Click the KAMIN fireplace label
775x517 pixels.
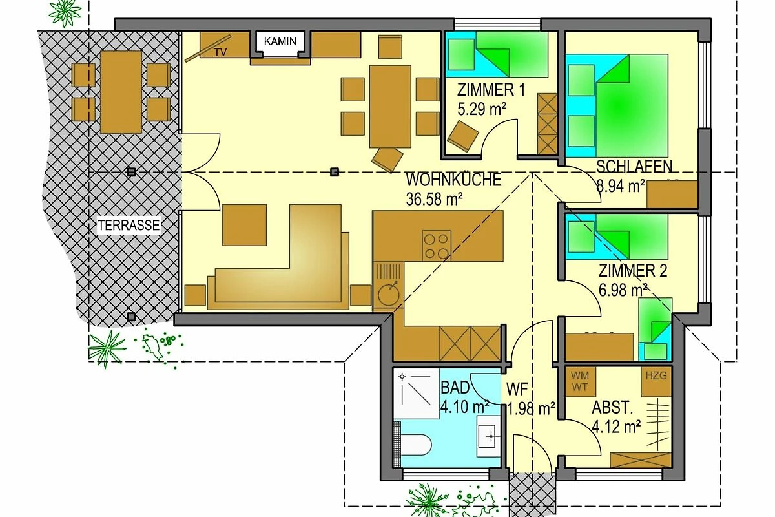click(x=280, y=41)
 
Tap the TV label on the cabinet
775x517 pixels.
click(x=220, y=52)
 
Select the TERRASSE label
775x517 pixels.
click(x=129, y=226)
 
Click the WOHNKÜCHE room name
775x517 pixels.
click(x=453, y=180)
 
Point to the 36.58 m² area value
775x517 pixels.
click(x=434, y=199)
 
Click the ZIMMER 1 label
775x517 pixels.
click(x=491, y=90)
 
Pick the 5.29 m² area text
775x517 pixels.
click(x=482, y=109)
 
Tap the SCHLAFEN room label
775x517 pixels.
click(x=634, y=167)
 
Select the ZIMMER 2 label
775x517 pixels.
click(x=633, y=271)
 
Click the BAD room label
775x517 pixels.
click(x=455, y=388)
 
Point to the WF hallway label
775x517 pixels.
click(x=517, y=389)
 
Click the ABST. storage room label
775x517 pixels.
click(x=612, y=408)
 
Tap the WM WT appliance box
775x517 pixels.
click(x=580, y=381)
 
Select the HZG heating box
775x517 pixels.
click(x=656, y=381)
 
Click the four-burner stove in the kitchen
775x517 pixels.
click(x=437, y=246)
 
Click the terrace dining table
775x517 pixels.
click(x=121, y=92)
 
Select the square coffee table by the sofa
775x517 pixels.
click(x=244, y=225)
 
